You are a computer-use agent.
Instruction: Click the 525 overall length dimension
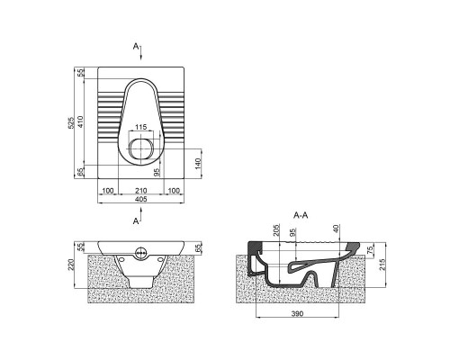pyautogui.click(x=71, y=122)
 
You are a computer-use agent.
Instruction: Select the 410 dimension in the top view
pyautogui.click(x=80, y=121)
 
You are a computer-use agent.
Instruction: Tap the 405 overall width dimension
pyautogui.click(x=141, y=199)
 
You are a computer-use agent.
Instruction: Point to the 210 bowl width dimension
pyautogui.click(x=141, y=191)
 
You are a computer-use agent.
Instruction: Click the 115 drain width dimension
pyautogui.click(x=140, y=127)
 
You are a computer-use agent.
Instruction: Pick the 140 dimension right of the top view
pyautogui.click(x=198, y=164)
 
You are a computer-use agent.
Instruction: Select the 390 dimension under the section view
pyautogui.click(x=297, y=314)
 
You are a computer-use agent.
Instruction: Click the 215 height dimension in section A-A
pyautogui.click(x=382, y=265)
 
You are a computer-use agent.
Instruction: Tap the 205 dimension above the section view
pyautogui.click(x=276, y=229)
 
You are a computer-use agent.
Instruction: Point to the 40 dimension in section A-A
pyautogui.click(x=336, y=229)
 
